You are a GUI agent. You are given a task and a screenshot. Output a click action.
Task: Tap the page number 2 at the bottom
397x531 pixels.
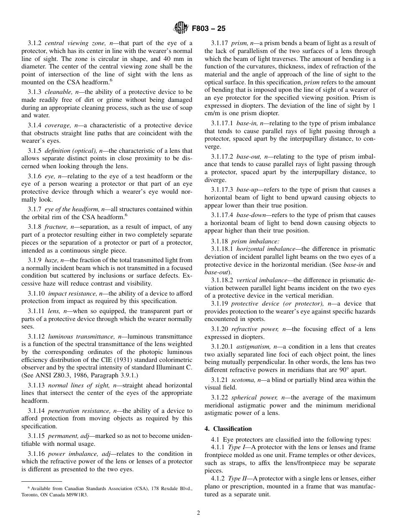[198, 513]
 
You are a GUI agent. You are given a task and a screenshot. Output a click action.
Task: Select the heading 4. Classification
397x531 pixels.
[228, 429]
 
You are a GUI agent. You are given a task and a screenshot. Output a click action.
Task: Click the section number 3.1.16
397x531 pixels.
[36, 454]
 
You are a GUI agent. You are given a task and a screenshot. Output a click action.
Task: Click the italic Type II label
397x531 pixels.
[237, 478]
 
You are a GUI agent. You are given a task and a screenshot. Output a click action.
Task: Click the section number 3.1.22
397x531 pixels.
[219, 397]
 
